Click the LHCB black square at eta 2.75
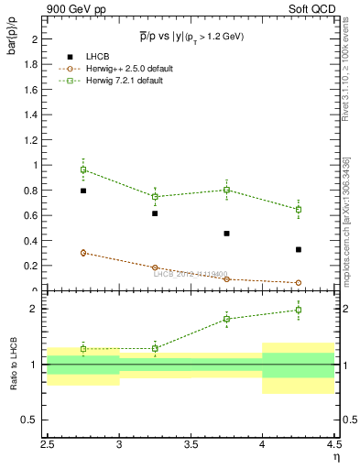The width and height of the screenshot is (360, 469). click(x=83, y=191)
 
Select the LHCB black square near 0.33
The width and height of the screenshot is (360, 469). click(x=299, y=249)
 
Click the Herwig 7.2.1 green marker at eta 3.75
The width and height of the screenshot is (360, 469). click(x=226, y=190)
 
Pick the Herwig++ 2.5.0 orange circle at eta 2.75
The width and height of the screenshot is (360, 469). click(x=83, y=253)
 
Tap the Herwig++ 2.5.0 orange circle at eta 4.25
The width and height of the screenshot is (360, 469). click(x=299, y=283)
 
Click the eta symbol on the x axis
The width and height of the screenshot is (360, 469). click(x=337, y=455)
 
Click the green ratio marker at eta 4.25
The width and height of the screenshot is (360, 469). click(x=299, y=310)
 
